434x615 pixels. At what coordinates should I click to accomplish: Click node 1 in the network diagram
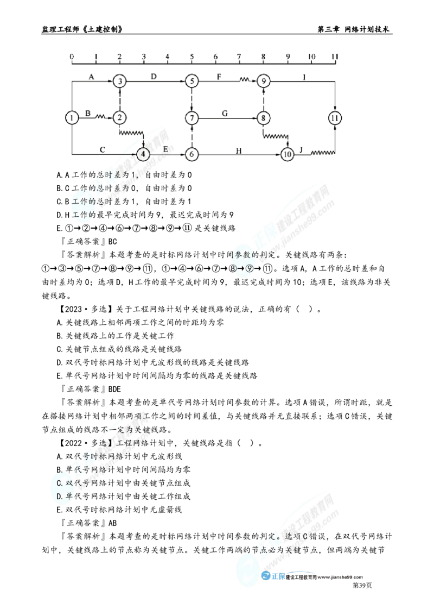tap(71, 117)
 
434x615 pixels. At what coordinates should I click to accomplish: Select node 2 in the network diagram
tap(119, 117)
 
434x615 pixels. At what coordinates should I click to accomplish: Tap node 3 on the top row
tap(119, 81)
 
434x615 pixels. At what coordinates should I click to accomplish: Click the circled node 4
tap(143, 154)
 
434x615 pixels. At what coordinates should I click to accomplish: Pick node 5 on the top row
tap(192, 81)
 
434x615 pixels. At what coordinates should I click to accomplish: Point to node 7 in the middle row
tap(192, 117)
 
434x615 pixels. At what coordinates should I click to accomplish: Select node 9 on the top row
tap(264, 81)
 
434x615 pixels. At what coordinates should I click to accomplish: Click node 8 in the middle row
tap(264, 117)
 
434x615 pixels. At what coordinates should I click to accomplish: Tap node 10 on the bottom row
tap(288, 154)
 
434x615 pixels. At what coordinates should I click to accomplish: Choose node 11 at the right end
tap(336, 117)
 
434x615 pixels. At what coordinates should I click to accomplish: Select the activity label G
tap(226, 112)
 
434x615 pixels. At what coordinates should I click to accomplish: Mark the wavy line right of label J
tap(323, 154)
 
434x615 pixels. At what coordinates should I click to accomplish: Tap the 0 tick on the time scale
tap(71, 56)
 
